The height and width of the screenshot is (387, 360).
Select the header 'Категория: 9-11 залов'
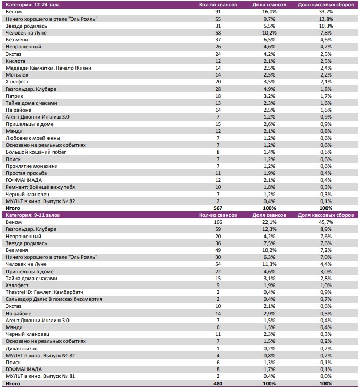[x=31, y=215]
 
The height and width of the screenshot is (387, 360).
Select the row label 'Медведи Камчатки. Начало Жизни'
[x=48, y=68]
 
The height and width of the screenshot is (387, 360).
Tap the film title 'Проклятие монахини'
[x=32, y=166]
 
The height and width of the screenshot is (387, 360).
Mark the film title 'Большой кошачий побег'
[x=35, y=152]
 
